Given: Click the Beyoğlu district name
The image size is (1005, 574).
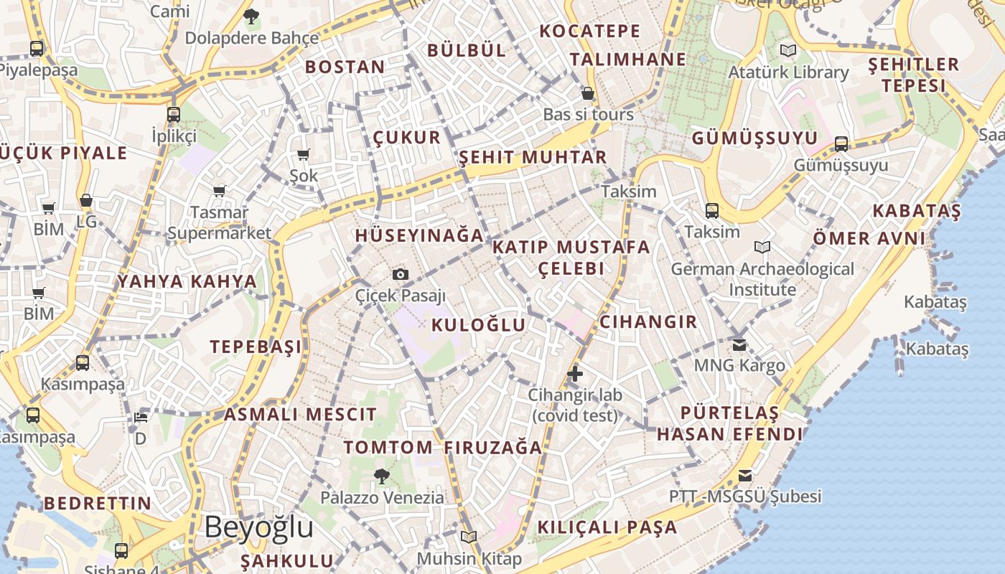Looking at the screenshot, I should (x=258, y=527).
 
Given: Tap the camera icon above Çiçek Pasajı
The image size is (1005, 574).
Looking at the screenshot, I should (x=401, y=274).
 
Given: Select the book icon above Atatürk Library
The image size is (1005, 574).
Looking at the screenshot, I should (x=788, y=51).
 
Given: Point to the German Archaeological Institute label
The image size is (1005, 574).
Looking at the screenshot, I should (x=762, y=279).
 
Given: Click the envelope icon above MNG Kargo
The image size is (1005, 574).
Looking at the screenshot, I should (x=739, y=345).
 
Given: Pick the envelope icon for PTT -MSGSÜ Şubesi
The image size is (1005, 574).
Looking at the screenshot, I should (x=745, y=476).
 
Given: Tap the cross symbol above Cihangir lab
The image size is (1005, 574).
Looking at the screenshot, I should (x=575, y=373).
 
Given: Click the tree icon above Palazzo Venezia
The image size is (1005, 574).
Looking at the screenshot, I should (x=382, y=476).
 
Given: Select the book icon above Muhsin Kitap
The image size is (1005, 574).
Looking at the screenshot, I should (x=469, y=537).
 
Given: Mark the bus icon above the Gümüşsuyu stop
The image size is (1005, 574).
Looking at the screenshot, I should (x=841, y=144).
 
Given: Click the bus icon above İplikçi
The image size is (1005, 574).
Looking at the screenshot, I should (x=173, y=114).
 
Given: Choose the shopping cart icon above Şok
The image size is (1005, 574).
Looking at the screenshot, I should (x=303, y=154).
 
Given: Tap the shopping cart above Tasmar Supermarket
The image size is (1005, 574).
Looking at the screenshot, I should (x=219, y=191).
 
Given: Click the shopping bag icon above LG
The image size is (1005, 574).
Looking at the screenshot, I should (x=86, y=200).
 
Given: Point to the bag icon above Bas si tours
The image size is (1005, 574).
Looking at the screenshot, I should (x=588, y=93).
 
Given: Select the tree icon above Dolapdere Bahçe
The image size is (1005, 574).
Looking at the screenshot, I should (x=251, y=17).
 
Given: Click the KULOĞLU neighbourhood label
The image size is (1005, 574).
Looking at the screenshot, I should (x=478, y=325).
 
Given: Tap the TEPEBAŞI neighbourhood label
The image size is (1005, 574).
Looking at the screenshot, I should (x=256, y=347).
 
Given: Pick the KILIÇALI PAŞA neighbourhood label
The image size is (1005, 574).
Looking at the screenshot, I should (x=607, y=527).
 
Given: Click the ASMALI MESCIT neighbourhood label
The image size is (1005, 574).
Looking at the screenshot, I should (x=300, y=414).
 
